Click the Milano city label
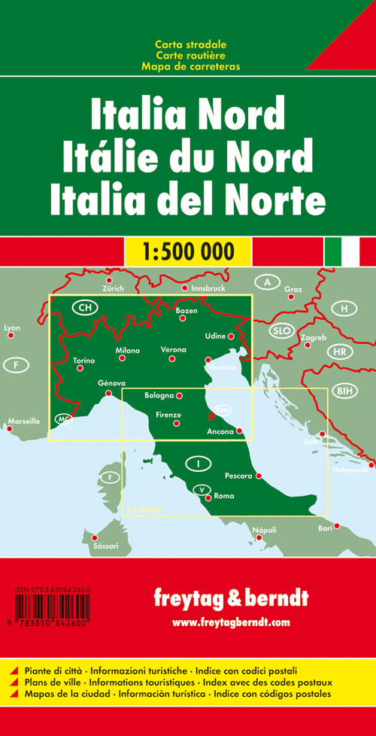pyautogui.click(x=128, y=351)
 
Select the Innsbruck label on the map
pyautogui.click(x=206, y=288)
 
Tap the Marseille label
pyautogui.click(x=23, y=421)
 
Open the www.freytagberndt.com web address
pyautogui.click(x=230, y=622)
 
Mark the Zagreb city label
pyautogui.click(x=313, y=337)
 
